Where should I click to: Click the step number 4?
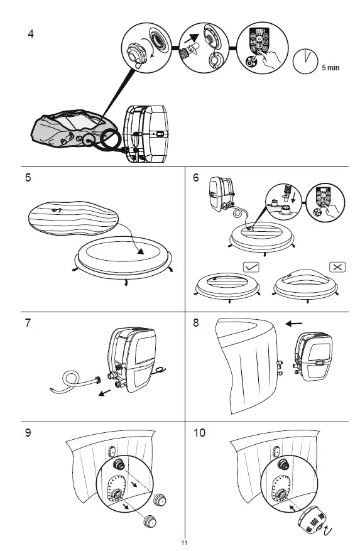(31, 34)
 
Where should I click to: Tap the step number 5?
(28, 178)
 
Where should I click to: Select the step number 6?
(196, 178)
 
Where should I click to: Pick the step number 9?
(28, 433)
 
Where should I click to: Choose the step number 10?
(199, 433)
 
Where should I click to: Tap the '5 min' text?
(330, 67)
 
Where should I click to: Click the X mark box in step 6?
(337, 266)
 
